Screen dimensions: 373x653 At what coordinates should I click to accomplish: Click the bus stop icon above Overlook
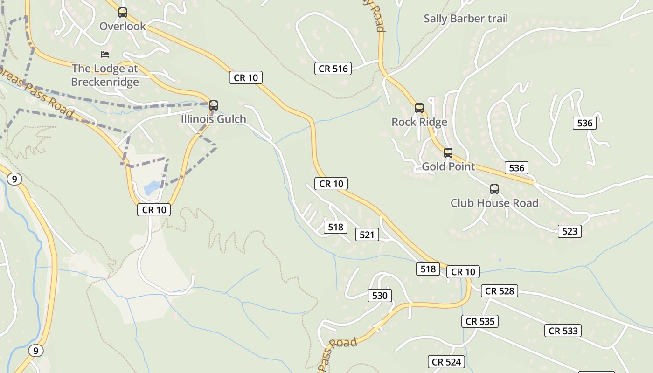(x=123, y=13)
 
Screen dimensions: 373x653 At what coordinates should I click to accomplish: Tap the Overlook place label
(x=123, y=27)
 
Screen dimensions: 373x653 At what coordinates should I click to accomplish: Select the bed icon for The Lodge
(x=105, y=55)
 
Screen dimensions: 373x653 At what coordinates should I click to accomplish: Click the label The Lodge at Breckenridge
(x=105, y=75)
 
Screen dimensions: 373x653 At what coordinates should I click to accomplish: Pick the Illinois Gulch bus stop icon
(x=214, y=105)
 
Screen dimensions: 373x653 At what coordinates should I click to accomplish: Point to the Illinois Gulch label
(x=214, y=119)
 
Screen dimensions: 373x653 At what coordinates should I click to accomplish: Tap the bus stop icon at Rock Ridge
(x=419, y=108)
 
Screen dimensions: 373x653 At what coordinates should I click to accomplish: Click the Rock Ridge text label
(x=419, y=122)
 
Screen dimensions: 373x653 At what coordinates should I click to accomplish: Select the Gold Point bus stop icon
(x=448, y=152)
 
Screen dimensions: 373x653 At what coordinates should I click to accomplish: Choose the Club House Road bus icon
(x=494, y=189)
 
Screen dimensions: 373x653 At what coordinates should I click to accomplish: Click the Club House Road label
(x=494, y=203)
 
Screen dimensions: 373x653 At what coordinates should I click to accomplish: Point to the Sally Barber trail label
(x=465, y=19)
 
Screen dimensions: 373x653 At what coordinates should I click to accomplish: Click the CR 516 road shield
(x=333, y=69)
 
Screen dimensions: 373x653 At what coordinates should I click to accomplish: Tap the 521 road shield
(x=367, y=235)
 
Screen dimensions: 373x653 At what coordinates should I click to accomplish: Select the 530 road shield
(x=380, y=296)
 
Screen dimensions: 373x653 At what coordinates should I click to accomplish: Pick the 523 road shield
(x=570, y=231)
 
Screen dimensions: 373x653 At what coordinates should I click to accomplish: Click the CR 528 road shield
(x=500, y=291)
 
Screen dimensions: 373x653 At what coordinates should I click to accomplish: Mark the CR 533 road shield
(x=563, y=331)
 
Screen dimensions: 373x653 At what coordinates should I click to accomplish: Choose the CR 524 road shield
(x=447, y=362)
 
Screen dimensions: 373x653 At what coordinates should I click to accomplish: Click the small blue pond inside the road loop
(x=151, y=188)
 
